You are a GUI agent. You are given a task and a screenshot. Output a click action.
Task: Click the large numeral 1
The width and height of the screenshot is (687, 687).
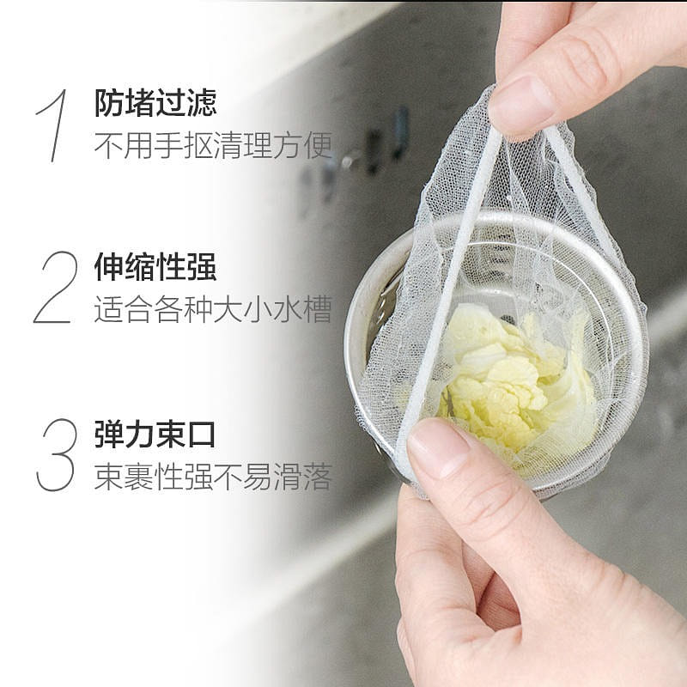(55, 125)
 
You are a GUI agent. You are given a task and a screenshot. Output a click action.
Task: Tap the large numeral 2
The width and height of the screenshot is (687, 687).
(56, 288)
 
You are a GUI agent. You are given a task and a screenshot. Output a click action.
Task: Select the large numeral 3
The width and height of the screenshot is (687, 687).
(57, 455)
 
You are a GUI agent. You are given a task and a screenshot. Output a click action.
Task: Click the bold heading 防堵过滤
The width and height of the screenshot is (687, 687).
(155, 103)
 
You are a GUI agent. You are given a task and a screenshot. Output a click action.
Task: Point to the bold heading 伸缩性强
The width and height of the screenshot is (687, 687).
(155, 266)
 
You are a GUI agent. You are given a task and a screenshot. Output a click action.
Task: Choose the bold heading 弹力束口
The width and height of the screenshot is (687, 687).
(155, 434)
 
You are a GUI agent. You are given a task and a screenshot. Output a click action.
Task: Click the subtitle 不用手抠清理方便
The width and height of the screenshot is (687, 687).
(213, 144)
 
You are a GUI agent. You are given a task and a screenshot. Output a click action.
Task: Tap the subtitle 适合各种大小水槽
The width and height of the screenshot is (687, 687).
(213, 309)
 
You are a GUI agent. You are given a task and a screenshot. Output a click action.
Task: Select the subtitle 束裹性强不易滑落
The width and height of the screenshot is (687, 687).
(213, 477)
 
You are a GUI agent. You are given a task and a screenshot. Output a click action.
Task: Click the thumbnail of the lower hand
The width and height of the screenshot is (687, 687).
(438, 447)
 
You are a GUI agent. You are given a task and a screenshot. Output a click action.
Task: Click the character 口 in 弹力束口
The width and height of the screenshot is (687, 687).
(201, 435)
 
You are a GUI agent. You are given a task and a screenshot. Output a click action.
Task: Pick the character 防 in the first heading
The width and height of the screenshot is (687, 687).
(109, 103)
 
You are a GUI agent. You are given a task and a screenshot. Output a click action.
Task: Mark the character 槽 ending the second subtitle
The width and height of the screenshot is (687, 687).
(318, 309)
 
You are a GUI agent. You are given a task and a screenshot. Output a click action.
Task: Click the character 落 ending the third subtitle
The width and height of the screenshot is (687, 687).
(318, 477)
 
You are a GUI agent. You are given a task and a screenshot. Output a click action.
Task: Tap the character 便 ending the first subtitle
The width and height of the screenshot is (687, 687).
(318, 144)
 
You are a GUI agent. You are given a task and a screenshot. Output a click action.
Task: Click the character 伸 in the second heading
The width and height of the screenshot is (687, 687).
(109, 266)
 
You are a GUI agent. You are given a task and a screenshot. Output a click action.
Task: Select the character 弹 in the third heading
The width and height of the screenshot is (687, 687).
(109, 434)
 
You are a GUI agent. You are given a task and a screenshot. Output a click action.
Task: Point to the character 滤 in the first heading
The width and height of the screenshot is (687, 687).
(202, 103)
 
